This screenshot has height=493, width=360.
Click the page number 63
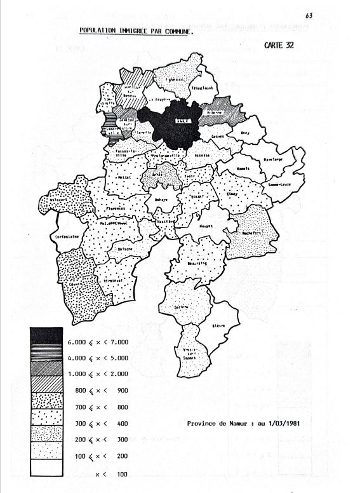pos(309,15)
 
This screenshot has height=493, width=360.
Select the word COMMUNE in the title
pos(172,30)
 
